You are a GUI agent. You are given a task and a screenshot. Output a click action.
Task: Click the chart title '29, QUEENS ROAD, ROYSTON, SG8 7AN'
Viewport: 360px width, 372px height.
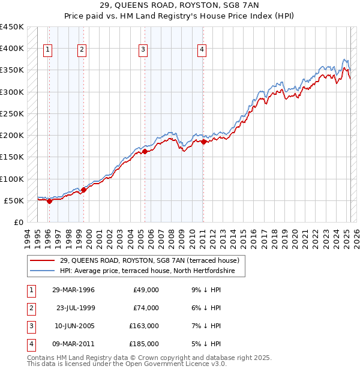(180, 6)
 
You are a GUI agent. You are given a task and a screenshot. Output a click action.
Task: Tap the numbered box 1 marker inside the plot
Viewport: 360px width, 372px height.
(47, 50)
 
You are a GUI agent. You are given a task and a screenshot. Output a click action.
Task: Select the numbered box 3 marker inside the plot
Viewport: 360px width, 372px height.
(143, 50)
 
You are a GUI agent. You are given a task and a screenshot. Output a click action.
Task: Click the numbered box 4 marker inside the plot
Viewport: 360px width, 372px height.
(202, 50)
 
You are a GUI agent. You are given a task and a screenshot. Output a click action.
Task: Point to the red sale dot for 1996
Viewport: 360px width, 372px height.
(49, 202)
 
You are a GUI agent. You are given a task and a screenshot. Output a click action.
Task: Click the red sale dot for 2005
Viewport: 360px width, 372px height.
(145, 152)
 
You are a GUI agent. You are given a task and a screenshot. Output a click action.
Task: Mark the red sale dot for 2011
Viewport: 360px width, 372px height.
(204, 142)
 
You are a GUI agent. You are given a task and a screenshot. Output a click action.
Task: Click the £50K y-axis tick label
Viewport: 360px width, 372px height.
(14, 200)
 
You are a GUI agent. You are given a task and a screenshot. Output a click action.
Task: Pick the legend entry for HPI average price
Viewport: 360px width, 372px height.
(151, 271)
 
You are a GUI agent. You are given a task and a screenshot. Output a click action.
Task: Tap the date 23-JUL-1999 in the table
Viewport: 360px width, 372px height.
(76, 308)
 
